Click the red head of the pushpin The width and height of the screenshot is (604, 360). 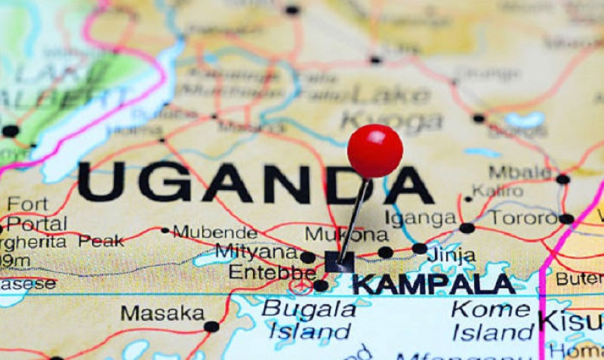374,150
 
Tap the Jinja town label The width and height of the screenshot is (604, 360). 451,255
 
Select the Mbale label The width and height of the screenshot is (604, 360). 520,172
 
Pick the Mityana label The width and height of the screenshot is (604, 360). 256,251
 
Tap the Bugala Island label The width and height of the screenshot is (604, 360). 308,320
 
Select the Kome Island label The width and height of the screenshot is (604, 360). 492,320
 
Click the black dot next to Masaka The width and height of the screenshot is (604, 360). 211,327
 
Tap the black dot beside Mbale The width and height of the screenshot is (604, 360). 562,179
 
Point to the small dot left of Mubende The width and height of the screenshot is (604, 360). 165,230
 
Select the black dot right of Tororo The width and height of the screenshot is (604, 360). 566,219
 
